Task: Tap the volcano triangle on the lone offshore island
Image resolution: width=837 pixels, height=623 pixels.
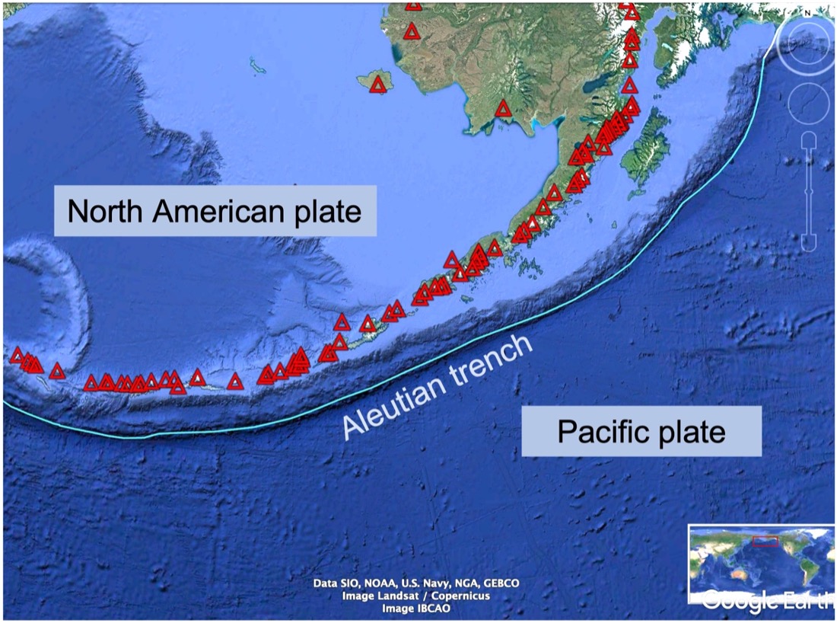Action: [x=378, y=85]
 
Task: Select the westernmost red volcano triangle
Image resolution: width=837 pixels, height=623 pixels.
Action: [x=16, y=355]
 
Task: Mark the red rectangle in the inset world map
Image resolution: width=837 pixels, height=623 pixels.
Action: [x=765, y=541]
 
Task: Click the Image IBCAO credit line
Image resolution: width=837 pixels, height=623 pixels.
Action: [x=416, y=609]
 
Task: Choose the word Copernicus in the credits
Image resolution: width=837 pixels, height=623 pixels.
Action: [x=459, y=596]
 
